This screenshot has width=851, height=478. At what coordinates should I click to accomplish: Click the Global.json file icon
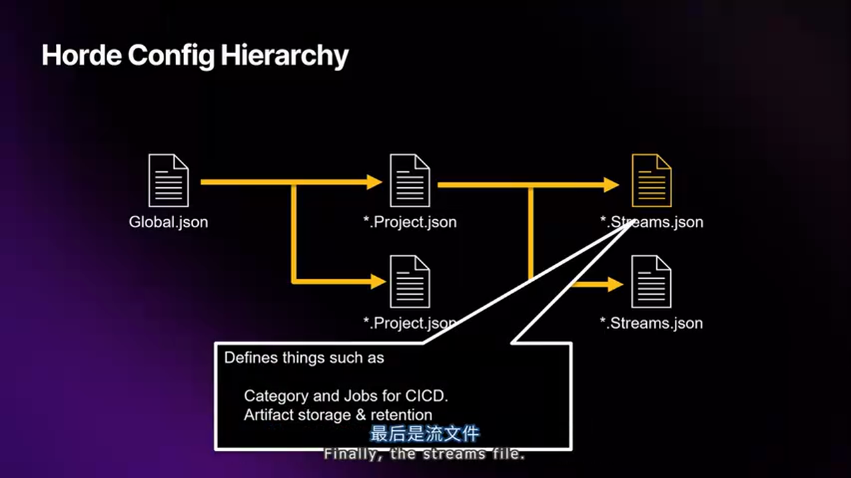pos(168,181)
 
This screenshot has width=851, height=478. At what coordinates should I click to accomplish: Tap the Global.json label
pos(168,222)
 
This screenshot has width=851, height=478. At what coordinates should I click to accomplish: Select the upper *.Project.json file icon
pos(410,181)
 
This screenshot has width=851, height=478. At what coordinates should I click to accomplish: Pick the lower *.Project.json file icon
pos(410,281)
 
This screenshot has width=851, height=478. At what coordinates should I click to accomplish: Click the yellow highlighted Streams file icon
pos(652,181)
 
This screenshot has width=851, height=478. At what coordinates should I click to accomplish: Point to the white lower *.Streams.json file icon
pos(652,281)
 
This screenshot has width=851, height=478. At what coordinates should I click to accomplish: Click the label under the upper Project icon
pos(410,222)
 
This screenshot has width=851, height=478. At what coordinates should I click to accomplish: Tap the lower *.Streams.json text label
pos(652,323)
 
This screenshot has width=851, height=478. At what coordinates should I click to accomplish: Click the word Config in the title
pos(172,56)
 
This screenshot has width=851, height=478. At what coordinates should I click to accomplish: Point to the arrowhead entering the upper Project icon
pos(375,181)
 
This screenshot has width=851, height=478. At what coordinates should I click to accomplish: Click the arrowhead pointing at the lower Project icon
pos(378,281)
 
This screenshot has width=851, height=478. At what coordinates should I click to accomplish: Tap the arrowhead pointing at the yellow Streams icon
pos(612,185)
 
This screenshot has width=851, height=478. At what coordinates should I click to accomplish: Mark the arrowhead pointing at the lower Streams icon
pos(614,285)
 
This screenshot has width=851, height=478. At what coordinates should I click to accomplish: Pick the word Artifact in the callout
pos(269,416)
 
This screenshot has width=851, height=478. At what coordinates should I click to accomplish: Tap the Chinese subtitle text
pos(425,434)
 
